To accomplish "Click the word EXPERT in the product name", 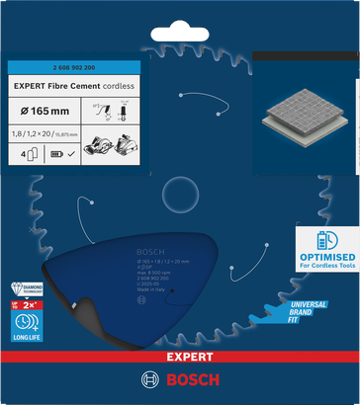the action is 34,86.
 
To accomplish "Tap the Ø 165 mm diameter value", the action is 44,111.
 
